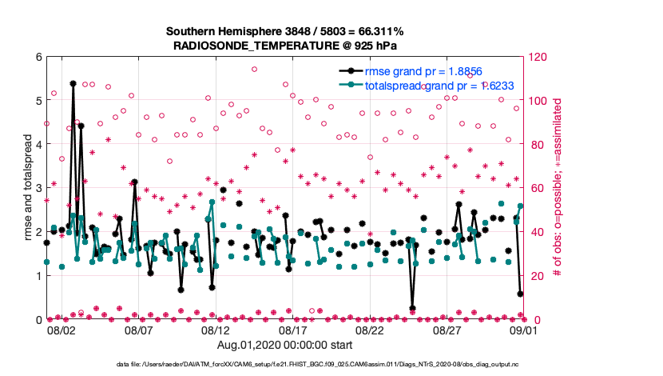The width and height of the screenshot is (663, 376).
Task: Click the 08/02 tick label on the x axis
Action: coord(62,330)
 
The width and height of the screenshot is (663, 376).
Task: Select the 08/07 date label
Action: coord(138,330)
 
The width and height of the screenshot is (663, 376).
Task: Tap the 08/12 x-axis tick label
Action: coord(216,330)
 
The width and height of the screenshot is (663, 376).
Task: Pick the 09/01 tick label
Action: coord(524,330)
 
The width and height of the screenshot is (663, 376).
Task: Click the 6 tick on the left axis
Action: coord(37,58)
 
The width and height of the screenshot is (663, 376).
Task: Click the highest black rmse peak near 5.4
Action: coord(73,83)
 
